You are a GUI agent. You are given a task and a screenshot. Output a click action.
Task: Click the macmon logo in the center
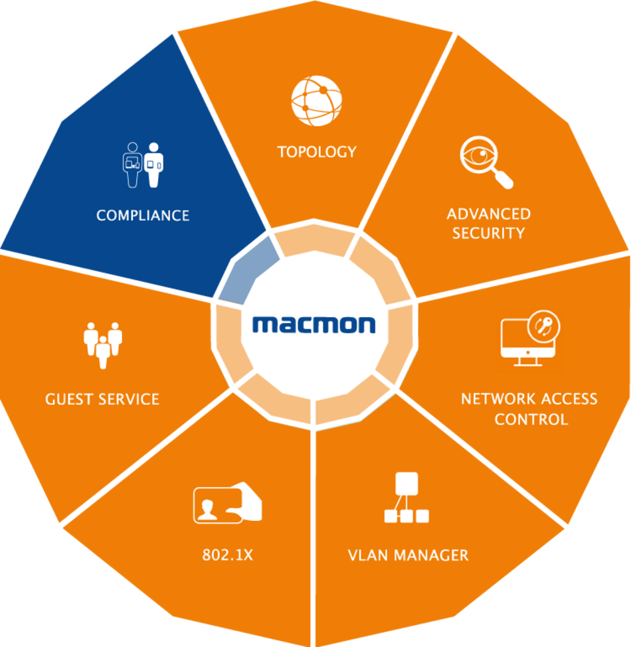coord(314,324)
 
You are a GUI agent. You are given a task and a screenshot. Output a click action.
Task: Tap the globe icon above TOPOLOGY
coord(316,101)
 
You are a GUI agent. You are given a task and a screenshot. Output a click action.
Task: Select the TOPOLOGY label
coord(317,151)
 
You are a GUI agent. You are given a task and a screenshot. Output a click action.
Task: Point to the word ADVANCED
coord(488,214)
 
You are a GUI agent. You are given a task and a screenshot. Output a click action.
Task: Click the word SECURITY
coord(488,233)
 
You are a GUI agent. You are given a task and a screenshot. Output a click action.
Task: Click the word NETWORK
coord(498,399)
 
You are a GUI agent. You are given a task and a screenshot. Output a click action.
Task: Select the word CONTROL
coord(531,419)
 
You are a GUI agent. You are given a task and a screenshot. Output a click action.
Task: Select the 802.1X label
coord(227,555)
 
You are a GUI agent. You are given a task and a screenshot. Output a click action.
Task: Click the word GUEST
coord(69,399)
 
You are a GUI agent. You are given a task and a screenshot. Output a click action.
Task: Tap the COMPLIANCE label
coord(143,216)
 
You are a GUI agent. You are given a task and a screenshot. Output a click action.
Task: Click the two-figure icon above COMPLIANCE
coord(143,165)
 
